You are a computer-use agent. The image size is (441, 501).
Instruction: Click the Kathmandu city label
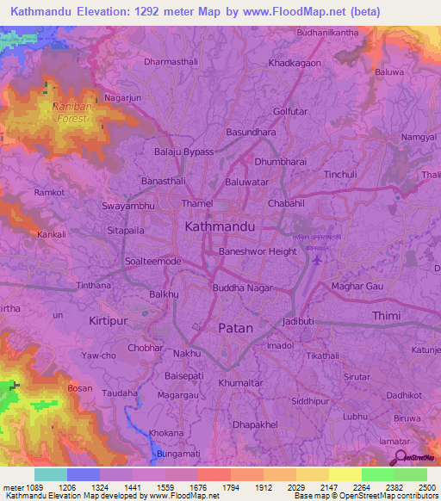pos(220,226)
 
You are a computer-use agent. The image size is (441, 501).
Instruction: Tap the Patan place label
pos(235,328)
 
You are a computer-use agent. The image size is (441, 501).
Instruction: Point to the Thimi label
pos(386,316)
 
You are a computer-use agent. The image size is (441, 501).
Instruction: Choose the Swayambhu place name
pos(127,207)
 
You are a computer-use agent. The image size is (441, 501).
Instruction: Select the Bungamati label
pos(179,454)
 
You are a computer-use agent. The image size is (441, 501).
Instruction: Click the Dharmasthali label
pos(171,62)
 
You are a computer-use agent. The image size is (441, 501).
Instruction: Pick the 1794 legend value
pos(230,486)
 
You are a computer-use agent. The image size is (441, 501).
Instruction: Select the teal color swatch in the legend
pos(50,474)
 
